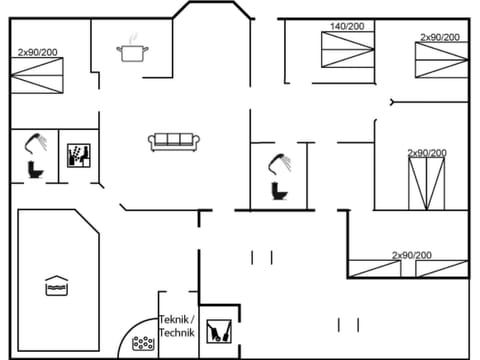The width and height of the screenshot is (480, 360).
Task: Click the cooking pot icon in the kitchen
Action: pos(131,51)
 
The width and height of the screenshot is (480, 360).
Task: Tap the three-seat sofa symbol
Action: pos(175,142)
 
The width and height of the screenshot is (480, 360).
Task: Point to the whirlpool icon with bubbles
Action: pos(144,343)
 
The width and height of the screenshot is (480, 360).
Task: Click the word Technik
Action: pos(176,332)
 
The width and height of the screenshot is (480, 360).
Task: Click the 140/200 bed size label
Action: pos(347,27)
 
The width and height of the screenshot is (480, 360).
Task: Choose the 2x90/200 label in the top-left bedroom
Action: pos(37,52)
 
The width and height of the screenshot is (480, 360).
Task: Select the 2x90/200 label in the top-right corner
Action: pos(440,37)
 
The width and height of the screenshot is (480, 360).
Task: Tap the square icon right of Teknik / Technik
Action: pos(218,329)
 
